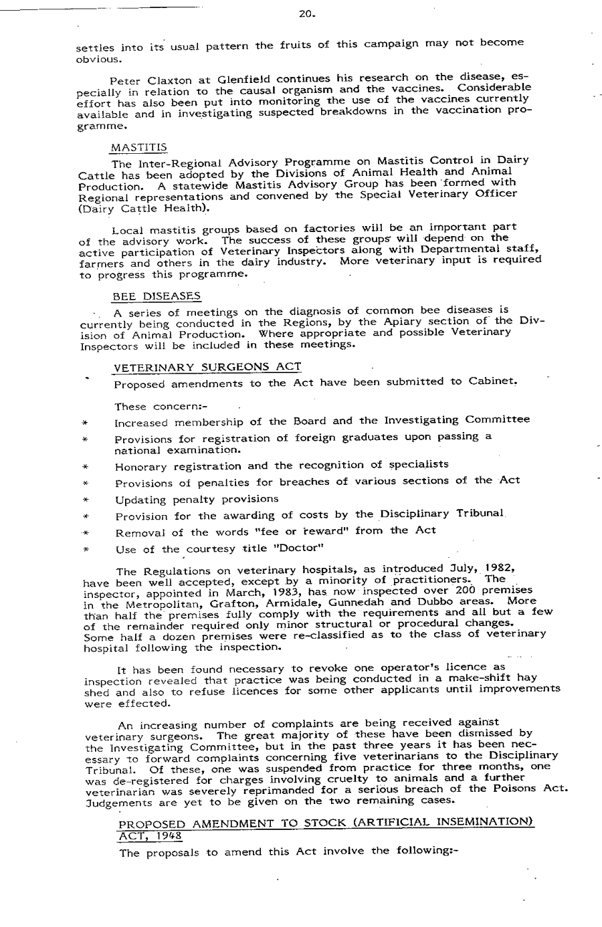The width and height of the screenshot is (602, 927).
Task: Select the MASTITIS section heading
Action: [x=138, y=146]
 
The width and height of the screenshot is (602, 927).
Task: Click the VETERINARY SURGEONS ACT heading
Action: [x=207, y=367]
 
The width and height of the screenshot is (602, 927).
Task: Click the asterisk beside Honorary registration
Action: [x=86, y=467]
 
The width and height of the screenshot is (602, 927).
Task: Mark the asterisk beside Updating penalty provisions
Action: [x=86, y=500]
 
